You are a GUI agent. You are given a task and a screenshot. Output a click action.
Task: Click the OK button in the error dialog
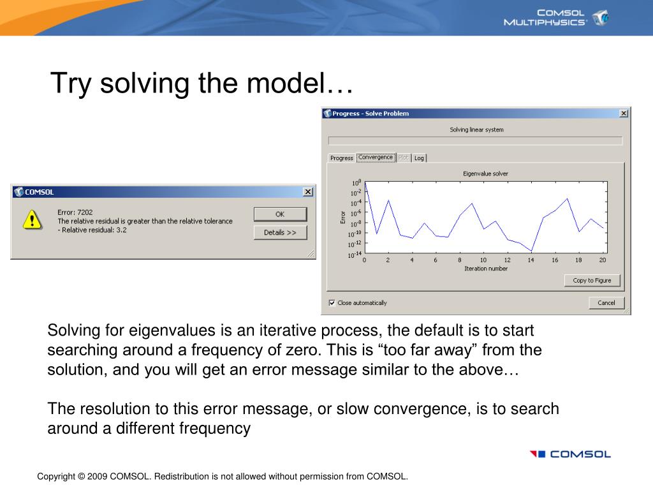[281, 214]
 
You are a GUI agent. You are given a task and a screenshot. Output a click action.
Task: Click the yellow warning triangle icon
[33, 219]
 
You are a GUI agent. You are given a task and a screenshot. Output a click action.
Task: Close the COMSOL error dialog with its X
[308, 191]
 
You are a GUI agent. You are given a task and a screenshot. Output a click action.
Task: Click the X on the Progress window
[624, 114]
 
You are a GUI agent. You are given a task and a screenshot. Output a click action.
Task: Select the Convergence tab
[376, 158]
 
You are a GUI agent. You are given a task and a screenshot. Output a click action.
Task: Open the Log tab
[419, 158]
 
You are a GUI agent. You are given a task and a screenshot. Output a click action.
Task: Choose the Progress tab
[342, 158]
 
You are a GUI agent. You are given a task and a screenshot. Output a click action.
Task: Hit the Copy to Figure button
[592, 281]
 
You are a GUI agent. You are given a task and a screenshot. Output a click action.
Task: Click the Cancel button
[606, 303]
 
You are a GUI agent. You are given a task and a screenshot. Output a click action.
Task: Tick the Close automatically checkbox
[332, 303]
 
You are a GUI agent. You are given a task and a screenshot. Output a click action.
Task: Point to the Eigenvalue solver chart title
[485, 174]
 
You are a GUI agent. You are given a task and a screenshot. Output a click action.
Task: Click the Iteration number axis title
[486, 269]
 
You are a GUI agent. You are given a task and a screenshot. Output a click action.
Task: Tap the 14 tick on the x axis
[531, 260]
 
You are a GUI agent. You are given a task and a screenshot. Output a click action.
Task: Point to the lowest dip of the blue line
[531, 251]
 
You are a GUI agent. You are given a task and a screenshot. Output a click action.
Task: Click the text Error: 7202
[75, 212]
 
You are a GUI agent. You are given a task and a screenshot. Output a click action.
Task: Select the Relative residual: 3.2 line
[92, 230]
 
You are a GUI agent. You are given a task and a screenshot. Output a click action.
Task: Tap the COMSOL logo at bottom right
[570, 454]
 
